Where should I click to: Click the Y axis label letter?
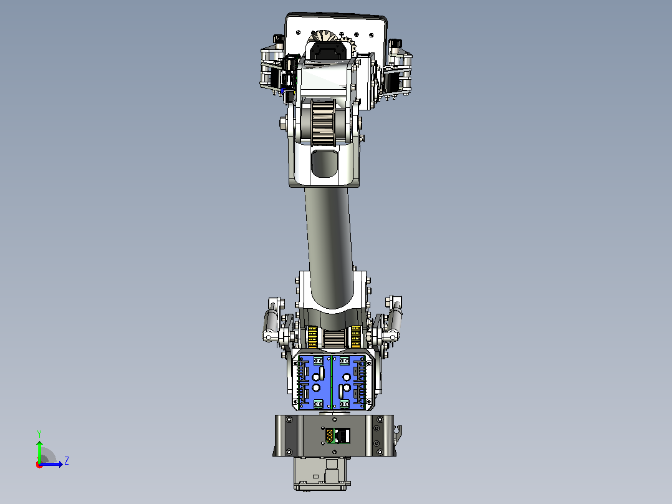click(39, 434)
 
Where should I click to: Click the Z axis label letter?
click(67, 461)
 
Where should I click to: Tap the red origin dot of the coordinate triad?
click(39, 465)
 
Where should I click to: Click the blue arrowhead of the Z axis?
click(60, 464)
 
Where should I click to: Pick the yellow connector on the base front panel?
click(330, 436)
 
